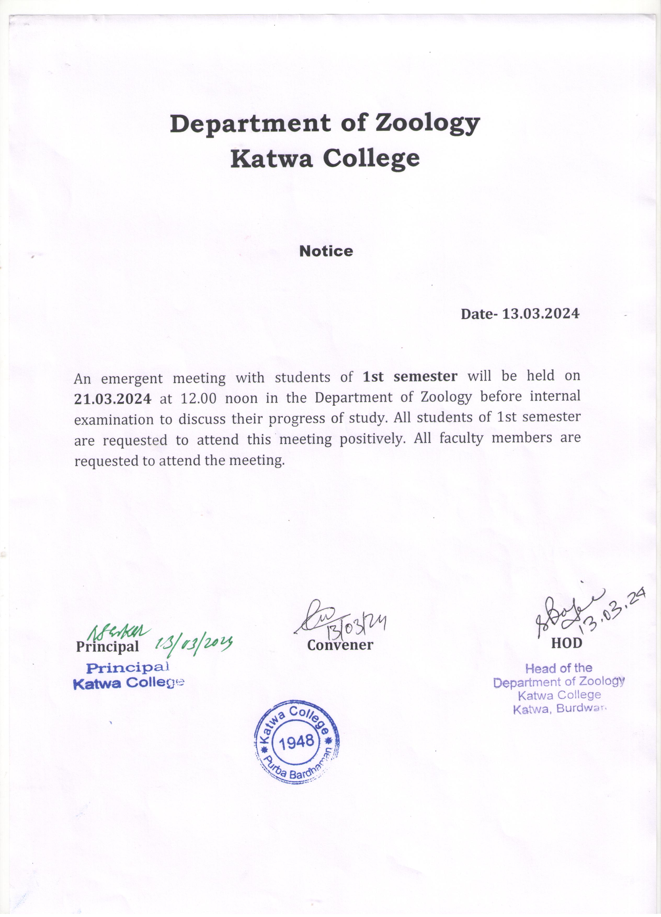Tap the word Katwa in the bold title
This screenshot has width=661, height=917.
[x=271, y=158]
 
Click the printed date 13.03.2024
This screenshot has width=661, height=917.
[x=540, y=314]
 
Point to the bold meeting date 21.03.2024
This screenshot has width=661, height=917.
[x=113, y=399]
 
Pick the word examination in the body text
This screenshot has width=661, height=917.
[x=113, y=419]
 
